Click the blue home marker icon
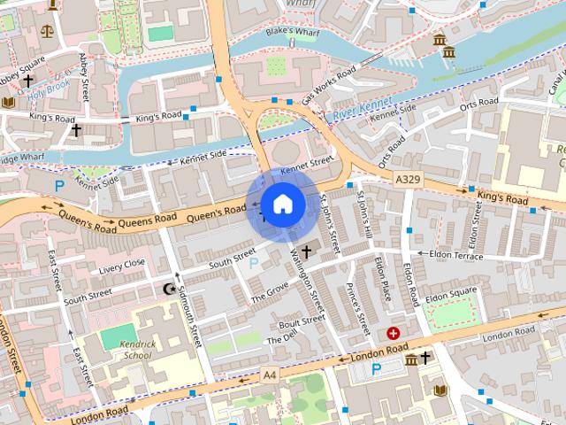(x=283, y=205)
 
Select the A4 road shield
(x=270, y=376)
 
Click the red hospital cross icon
(x=394, y=333)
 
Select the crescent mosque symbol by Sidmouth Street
(x=171, y=289)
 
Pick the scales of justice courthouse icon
(x=45, y=29)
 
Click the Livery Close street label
(x=122, y=265)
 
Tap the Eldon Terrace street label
(x=455, y=255)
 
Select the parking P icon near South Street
(x=256, y=263)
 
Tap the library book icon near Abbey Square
(x=9, y=103)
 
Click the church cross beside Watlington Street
(x=306, y=251)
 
